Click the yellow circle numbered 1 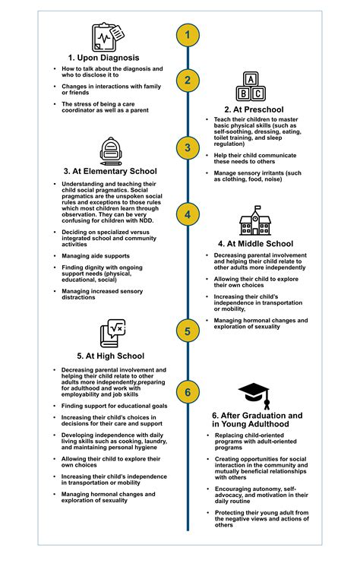pyautogui.click(x=188, y=35)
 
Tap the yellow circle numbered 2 pyautogui.click(x=188, y=81)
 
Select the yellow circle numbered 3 pyautogui.click(x=188, y=148)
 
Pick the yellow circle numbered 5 pyautogui.click(x=188, y=331)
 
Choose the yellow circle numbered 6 pyautogui.click(x=188, y=393)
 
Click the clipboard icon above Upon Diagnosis pyautogui.click(x=108, y=36)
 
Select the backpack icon pyautogui.click(x=111, y=152)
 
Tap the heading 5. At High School pyautogui.click(x=110, y=356)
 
